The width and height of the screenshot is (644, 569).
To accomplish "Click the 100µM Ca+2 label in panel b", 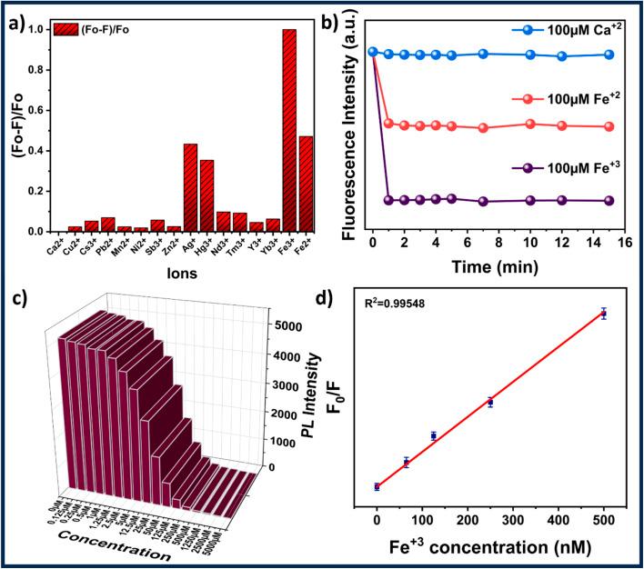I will pyautogui.click(x=565, y=29).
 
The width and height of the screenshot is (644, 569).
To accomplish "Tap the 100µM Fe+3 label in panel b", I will pyautogui.click(x=565, y=168).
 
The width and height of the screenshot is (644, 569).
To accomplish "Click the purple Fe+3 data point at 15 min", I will pyautogui.click(x=609, y=200).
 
